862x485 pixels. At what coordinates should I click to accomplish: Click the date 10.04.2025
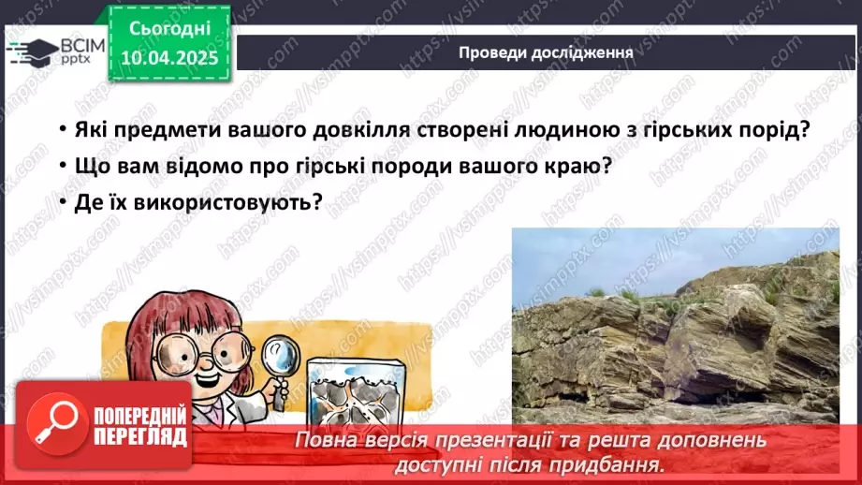[x=168, y=58]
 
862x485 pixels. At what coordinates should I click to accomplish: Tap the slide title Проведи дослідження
[x=546, y=52]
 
